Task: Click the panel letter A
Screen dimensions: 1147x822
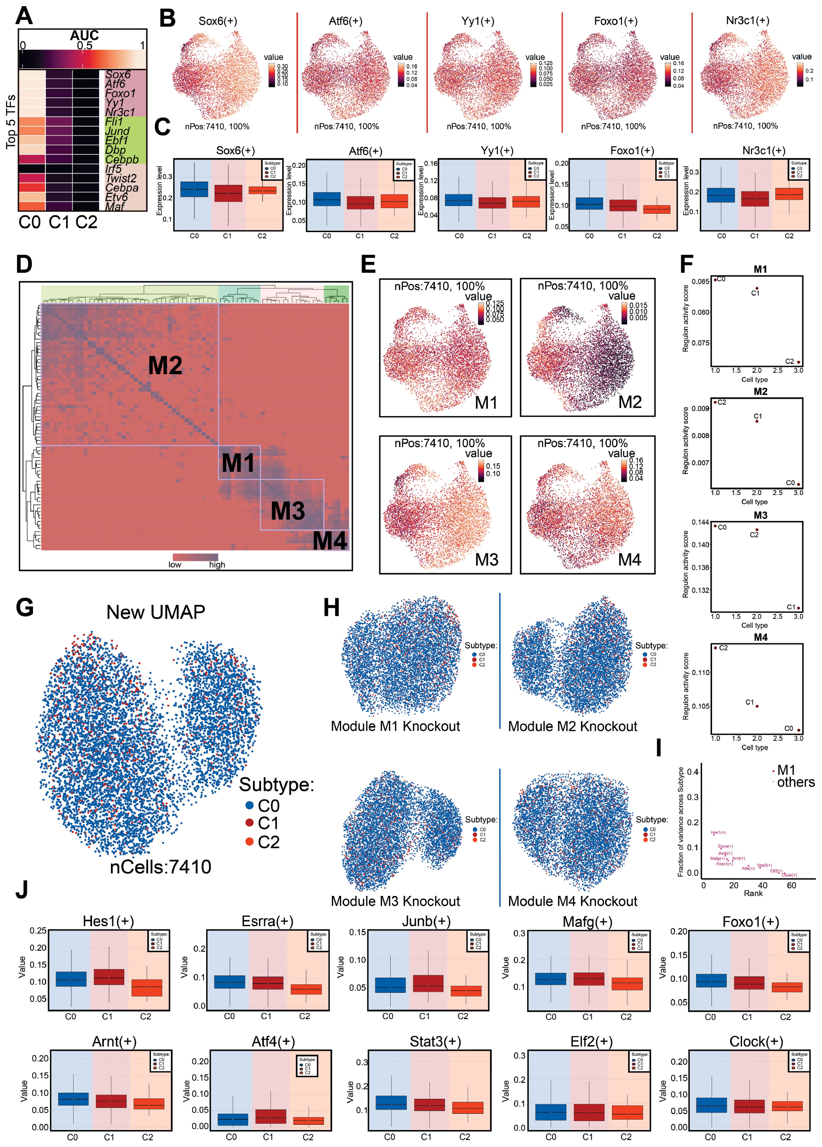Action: (24, 15)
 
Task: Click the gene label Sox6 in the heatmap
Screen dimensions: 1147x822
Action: (118, 75)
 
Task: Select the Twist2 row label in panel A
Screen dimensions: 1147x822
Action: (121, 178)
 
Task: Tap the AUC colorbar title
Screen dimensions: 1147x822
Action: (84, 35)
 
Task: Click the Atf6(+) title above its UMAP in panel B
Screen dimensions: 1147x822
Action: (345, 21)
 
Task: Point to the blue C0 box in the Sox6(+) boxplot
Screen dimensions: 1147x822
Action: (194, 189)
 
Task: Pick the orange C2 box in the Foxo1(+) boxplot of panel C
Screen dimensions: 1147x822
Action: (656, 209)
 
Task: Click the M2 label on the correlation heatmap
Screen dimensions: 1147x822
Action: (165, 366)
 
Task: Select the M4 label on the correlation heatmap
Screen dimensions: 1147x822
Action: (330, 541)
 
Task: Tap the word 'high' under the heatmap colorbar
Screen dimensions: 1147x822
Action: (217, 564)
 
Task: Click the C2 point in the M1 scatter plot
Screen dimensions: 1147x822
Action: (798, 362)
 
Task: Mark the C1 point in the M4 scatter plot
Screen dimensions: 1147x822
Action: (757, 706)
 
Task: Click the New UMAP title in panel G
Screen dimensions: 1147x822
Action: (156, 612)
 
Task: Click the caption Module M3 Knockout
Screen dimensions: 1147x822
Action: (395, 901)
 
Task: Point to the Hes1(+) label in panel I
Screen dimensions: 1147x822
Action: (718, 832)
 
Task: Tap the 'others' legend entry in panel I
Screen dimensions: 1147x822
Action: (795, 782)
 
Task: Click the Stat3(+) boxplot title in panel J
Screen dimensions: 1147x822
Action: (435, 1042)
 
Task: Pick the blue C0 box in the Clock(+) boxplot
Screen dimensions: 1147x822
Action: (711, 1105)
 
